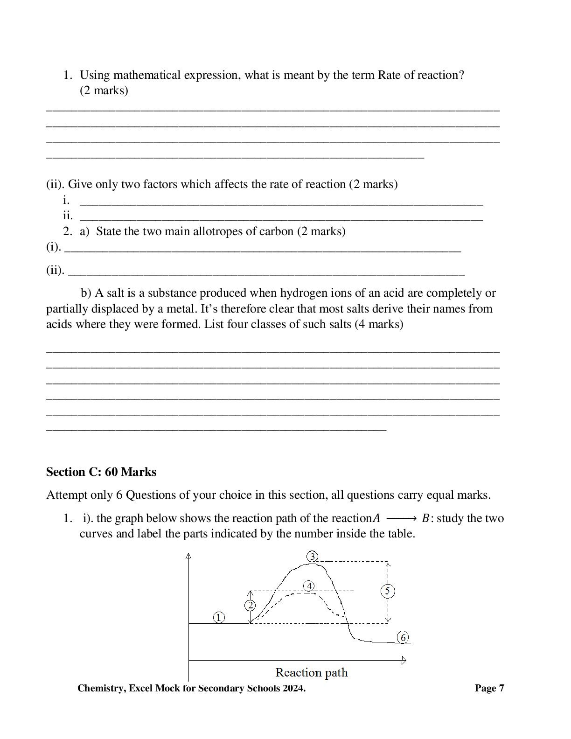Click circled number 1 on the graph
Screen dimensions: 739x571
click(x=219, y=617)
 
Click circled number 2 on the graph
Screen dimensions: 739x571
click(x=250, y=606)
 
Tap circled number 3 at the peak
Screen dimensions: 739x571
click(x=313, y=556)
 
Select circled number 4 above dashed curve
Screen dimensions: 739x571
click(x=309, y=586)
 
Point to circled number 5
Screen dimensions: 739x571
click(x=388, y=591)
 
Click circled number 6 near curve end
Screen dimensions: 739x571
click(x=404, y=637)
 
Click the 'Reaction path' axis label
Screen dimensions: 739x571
click(x=311, y=672)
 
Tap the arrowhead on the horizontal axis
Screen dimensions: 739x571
click(x=404, y=660)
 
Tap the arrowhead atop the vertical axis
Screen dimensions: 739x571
click(x=188, y=555)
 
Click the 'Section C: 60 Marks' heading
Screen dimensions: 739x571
click(x=101, y=472)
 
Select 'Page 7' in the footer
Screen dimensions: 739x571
click(x=489, y=688)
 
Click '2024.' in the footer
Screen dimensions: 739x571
click(x=294, y=688)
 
